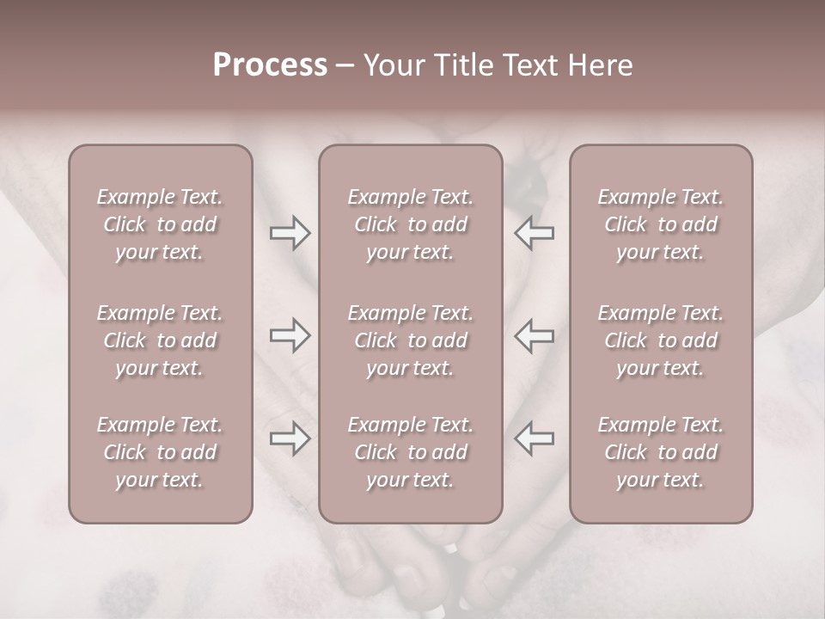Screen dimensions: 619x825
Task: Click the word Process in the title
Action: tap(270, 65)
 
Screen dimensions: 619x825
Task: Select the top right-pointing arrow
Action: tap(290, 233)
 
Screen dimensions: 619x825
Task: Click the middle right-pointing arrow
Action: tap(290, 335)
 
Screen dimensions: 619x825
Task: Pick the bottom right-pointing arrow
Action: tap(290, 438)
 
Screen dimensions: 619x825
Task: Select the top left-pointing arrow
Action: tap(535, 233)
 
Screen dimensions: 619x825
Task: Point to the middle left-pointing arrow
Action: tap(535, 335)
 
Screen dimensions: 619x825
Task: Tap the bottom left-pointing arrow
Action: tap(535, 438)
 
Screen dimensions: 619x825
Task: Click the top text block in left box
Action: tap(160, 224)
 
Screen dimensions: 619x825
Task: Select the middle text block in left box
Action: tap(160, 340)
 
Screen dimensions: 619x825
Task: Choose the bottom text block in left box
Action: tap(160, 452)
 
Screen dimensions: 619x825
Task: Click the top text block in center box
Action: tap(410, 224)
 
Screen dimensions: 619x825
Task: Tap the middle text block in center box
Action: tap(410, 340)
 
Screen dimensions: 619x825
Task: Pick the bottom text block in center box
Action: tap(410, 452)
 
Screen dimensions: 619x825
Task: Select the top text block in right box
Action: tap(660, 224)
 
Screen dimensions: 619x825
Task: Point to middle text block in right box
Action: tap(660, 340)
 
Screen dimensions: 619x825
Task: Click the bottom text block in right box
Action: tap(660, 452)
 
